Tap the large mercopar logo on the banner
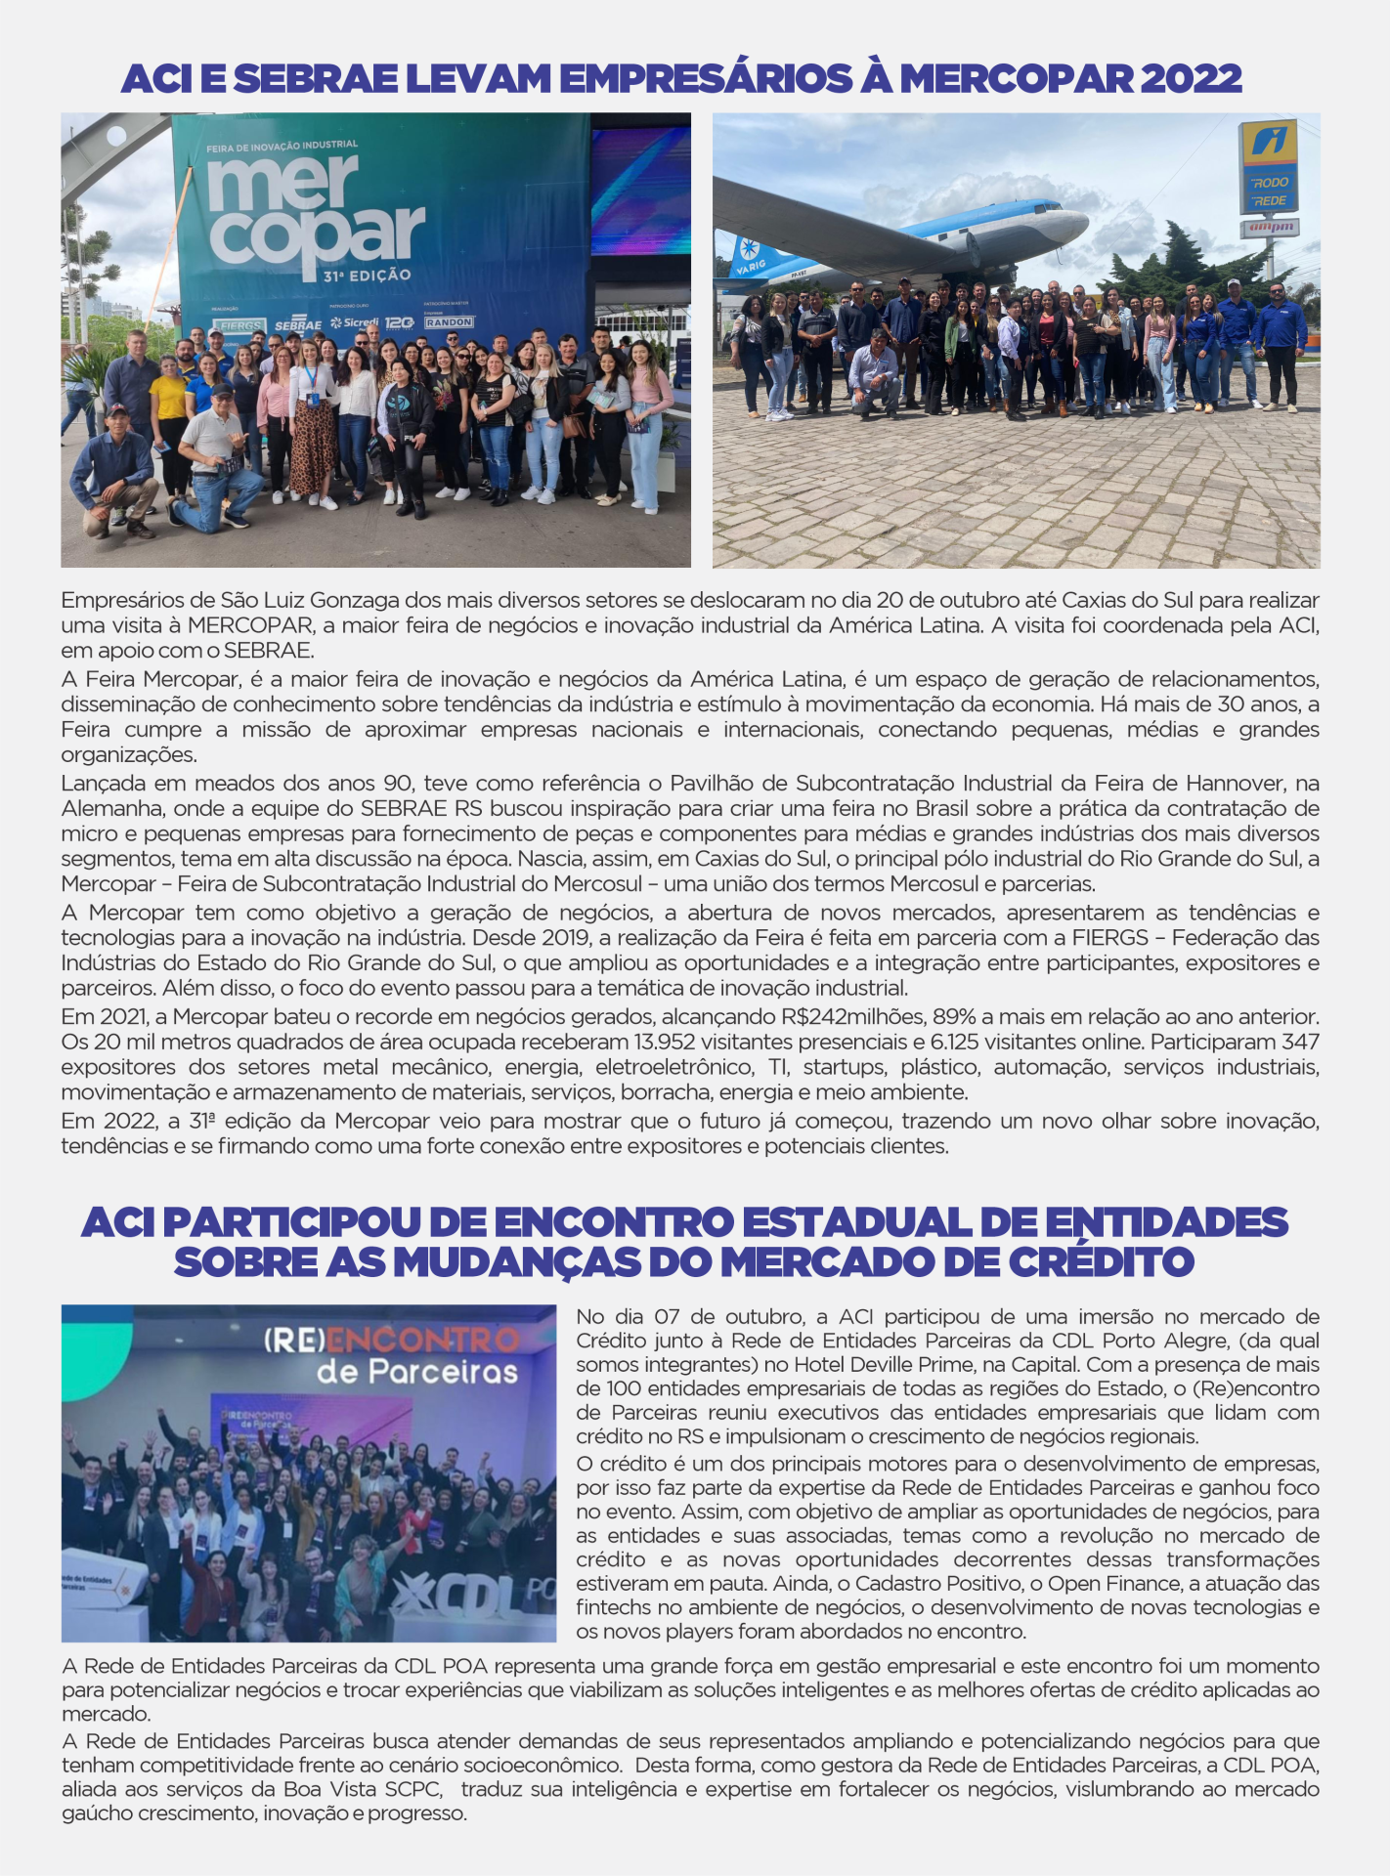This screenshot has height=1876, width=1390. [316, 211]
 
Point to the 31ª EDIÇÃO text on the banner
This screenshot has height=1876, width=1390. [367, 276]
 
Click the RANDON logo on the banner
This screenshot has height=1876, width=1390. [449, 322]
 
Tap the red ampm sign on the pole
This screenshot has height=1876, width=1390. [1269, 228]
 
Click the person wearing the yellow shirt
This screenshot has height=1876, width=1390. [169, 401]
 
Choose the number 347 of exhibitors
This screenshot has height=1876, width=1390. [1300, 1042]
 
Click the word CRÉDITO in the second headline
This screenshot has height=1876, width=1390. [1101, 1262]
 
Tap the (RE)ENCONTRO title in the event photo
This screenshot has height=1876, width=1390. [391, 1339]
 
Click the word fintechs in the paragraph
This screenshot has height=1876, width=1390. [609, 1607]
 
